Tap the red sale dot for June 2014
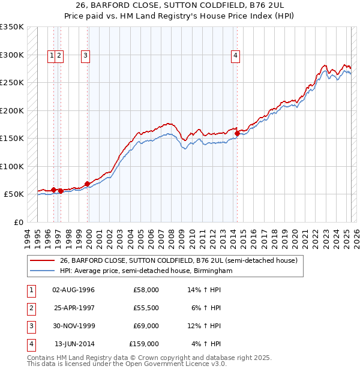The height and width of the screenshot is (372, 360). point(237,134)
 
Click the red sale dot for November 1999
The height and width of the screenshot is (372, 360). point(88,184)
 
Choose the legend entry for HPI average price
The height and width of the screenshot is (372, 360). point(146,271)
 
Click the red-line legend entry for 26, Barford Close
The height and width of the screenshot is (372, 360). point(178,260)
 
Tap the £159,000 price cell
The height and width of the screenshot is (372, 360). point(144,344)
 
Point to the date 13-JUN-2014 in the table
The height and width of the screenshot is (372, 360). point(74,344)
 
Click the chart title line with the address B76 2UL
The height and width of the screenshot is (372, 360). point(179,5)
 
